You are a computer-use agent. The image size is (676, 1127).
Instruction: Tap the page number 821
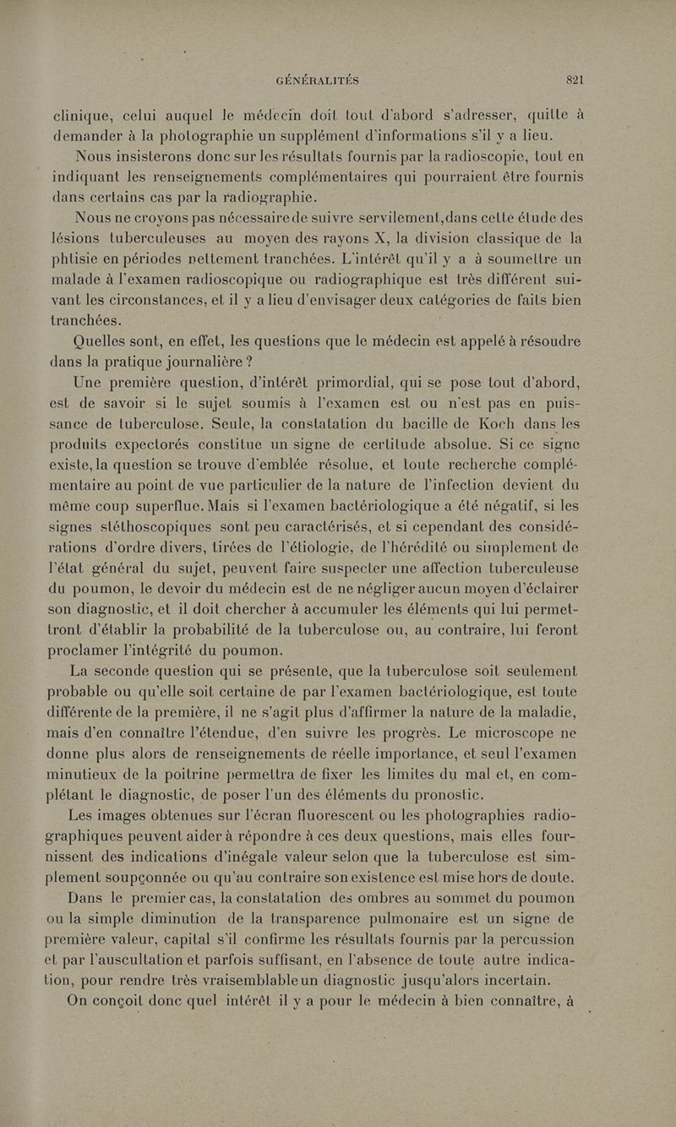click(x=576, y=81)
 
